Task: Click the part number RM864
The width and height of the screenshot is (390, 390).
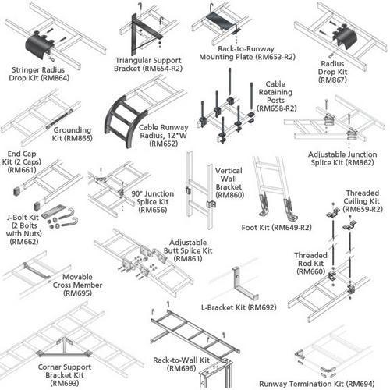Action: click(56, 78)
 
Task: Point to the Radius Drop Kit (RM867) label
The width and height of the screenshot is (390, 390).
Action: click(332, 72)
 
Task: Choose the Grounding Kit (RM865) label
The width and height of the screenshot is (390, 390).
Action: click(73, 134)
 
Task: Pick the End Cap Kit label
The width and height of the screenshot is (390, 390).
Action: click(22, 158)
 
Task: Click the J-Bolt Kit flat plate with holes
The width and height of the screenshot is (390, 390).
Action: click(52, 211)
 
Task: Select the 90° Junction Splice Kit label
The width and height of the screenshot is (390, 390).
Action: click(153, 198)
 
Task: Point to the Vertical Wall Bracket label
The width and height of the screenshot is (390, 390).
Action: click(229, 179)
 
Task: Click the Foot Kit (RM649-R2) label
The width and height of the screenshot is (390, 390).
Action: click(277, 228)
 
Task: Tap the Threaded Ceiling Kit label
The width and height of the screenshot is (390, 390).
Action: click(362, 197)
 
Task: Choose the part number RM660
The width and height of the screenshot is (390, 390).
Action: click(311, 271)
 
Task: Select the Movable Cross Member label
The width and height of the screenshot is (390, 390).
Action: click(77, 281)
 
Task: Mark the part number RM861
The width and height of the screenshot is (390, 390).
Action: click(188, 259)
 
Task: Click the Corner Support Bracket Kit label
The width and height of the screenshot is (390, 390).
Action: click(65, 371)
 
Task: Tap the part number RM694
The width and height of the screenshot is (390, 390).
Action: click(361, 384)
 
